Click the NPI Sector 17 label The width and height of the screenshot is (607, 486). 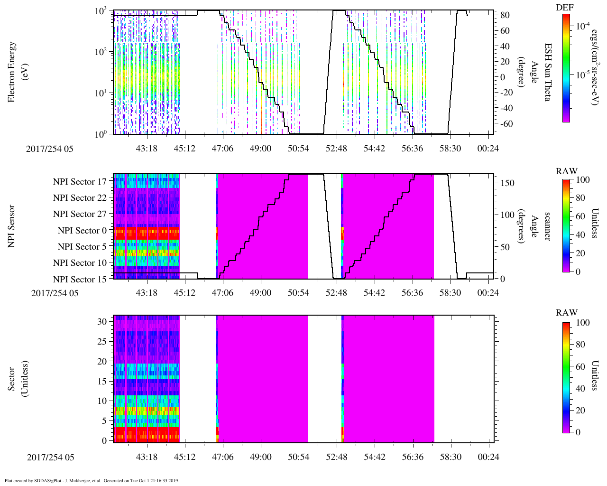pyautogui.click(x=80, y=181)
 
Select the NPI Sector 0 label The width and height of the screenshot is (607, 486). pyautogui.click(x=82, y=231)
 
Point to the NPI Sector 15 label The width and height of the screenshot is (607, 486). pyautogui.click(x=80, y=279)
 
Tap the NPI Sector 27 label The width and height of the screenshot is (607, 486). pyautogui.click(x=80, y=214)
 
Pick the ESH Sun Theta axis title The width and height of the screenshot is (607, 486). pyautogui.click(x=548, y=72)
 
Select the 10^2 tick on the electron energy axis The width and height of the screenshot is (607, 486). pyautogui.click(x=100, y=52)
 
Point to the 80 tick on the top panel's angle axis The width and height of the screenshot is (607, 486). pyautogui.click(x=505, y=15)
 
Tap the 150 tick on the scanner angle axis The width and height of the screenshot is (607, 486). pyautogui.click(x=507, y=183)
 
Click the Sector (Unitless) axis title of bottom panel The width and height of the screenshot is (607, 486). pyautogui.click(x=17, y=379)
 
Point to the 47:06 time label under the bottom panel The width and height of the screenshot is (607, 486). pyautogui.click(x=222, y=457)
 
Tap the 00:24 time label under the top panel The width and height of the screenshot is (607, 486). pyautogui.click(x=488, y=149)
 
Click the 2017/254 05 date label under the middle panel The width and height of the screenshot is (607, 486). pyautogui.click(x=55, y=293)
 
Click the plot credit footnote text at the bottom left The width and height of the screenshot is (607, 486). pyautogui.click(x=92, y=480)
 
